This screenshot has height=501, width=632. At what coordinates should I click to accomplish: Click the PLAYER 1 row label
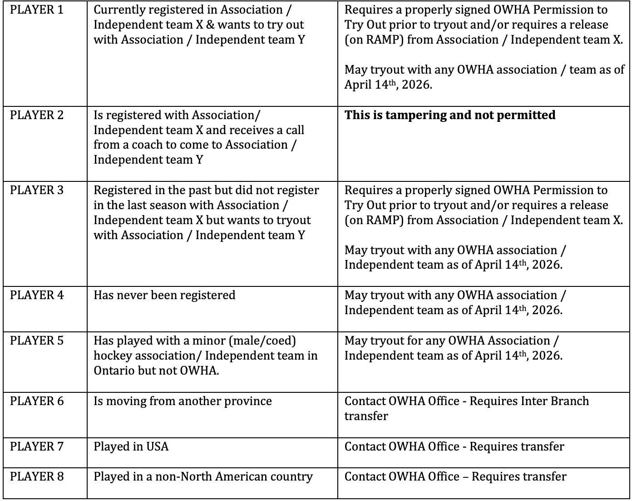tap(37, 10)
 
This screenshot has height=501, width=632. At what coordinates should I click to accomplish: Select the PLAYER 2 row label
tap(37, 115)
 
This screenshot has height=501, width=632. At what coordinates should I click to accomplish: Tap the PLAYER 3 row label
tap(37, 190)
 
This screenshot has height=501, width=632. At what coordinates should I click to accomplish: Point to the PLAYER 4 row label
tap(37, 296)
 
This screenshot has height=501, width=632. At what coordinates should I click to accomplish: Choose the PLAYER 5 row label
tap(37, 341)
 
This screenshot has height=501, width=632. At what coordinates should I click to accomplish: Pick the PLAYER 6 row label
tap(37, 401)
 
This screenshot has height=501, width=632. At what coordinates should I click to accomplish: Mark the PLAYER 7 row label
tap(37, 447)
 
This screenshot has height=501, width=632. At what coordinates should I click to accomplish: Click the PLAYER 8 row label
tap(37, 477)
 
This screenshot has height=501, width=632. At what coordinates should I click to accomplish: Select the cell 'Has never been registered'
tap(164, 296)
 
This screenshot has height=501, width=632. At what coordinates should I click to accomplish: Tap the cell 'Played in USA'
tap(131, 447)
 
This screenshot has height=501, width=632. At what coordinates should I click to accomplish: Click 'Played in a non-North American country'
tap(203, 477)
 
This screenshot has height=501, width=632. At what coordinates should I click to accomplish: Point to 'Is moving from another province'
tap(183, 401)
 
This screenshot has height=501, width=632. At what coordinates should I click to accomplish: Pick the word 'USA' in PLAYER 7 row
tap(157, 447)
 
